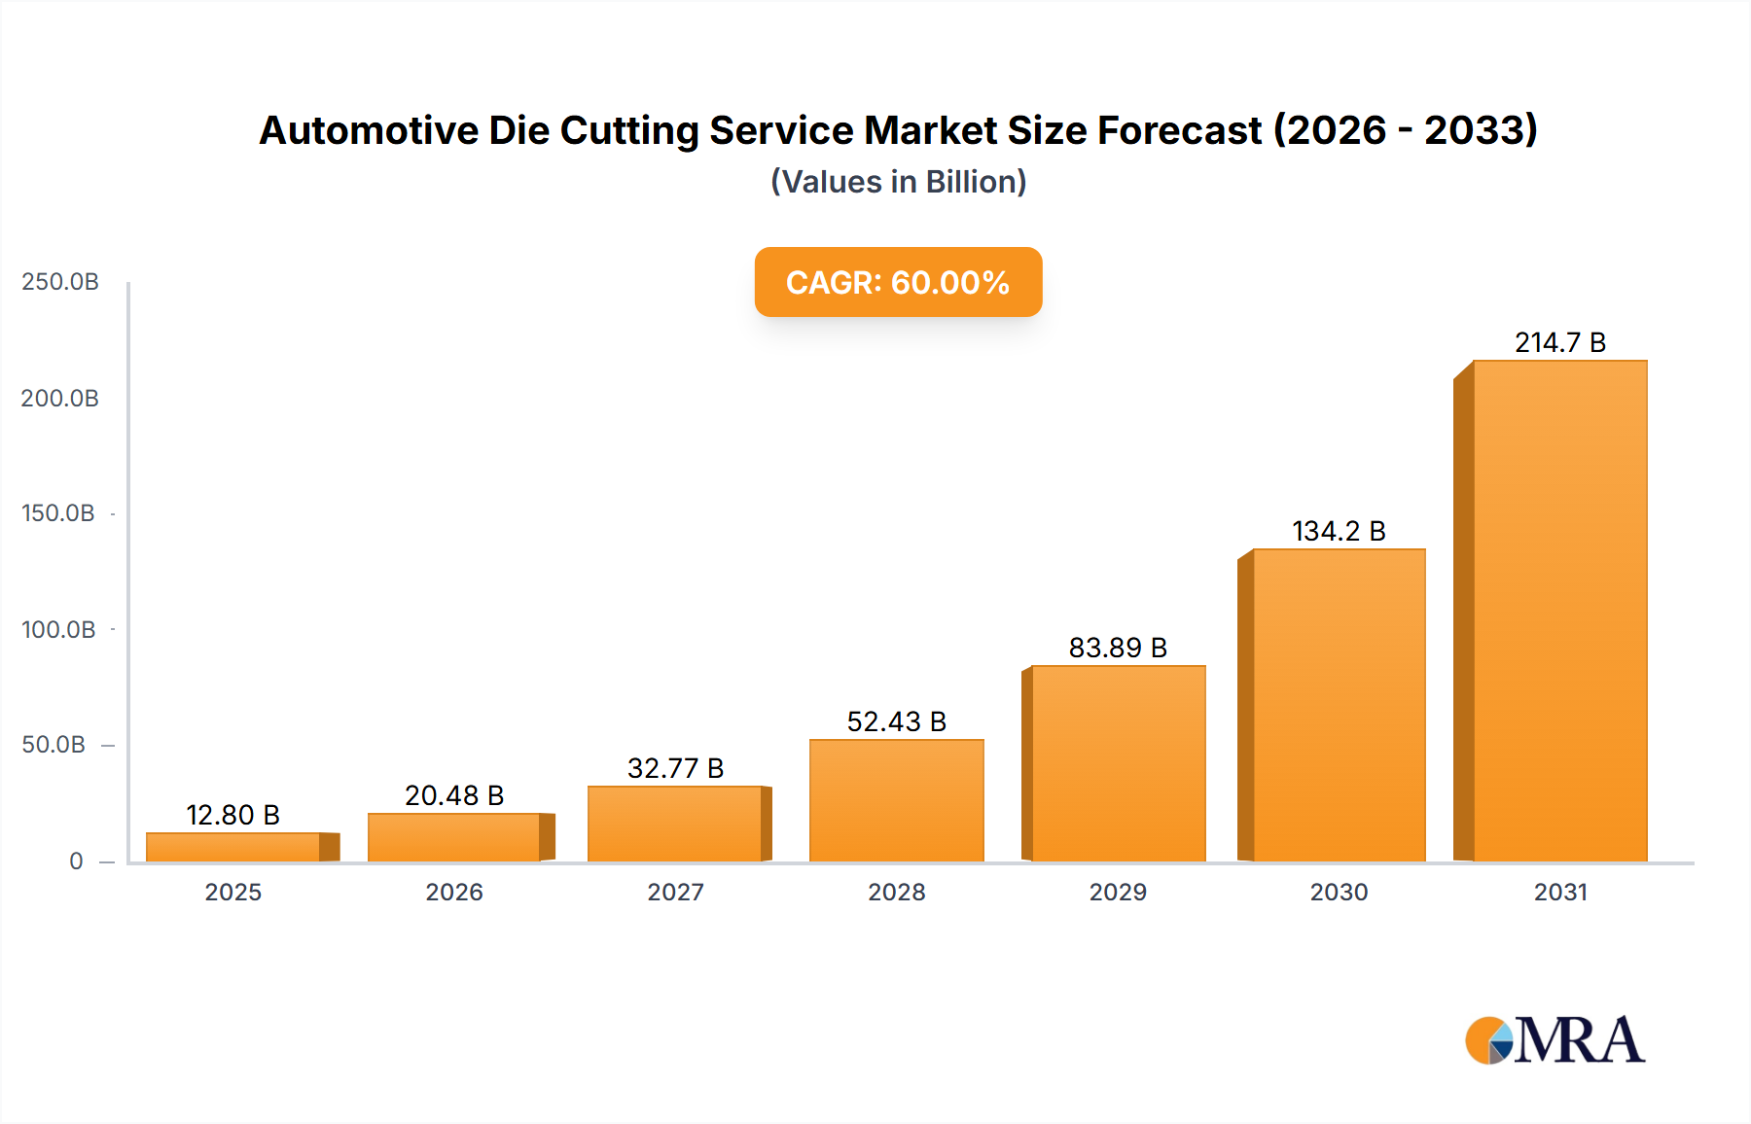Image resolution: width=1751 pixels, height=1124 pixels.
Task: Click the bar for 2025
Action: (x=233, y=847)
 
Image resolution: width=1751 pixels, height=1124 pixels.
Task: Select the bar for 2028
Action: (x=896, y=800)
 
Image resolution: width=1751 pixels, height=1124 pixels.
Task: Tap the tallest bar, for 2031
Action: (x=1559, y=611)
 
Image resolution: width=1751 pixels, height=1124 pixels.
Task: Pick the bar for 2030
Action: (x=1339, y=705)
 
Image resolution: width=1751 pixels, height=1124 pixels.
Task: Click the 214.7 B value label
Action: (x=1559, y=342)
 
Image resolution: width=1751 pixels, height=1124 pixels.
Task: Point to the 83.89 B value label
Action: (x=1118, y=648)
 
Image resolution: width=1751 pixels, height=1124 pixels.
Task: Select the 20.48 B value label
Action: (x=454, y=795)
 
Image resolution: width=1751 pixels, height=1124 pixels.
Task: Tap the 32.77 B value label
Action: (x=675, y=768)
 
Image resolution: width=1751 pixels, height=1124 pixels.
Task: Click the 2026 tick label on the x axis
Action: (x=454, y=892)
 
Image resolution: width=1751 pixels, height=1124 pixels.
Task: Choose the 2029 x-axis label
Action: (x=1118, y=892)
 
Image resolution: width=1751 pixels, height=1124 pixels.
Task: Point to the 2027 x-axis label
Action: (x=675, y=892)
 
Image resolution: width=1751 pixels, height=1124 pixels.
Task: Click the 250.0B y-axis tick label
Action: (x=60, y=282)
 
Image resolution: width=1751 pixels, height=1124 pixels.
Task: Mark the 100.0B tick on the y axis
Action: (x=58, y=629)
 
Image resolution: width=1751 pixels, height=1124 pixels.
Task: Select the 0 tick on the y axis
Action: (x=76, y=861)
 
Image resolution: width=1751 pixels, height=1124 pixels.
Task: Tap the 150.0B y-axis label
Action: (x=58, y=513)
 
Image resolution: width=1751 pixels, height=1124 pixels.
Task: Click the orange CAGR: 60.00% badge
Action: (x=898, y=282)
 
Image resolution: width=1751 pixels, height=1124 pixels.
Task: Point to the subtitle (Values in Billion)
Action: (x=898, y=182)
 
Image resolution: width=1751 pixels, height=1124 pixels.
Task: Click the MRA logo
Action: (x=1554, y=1040)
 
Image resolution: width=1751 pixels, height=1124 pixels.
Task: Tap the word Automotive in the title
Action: (x=369, y=130)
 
